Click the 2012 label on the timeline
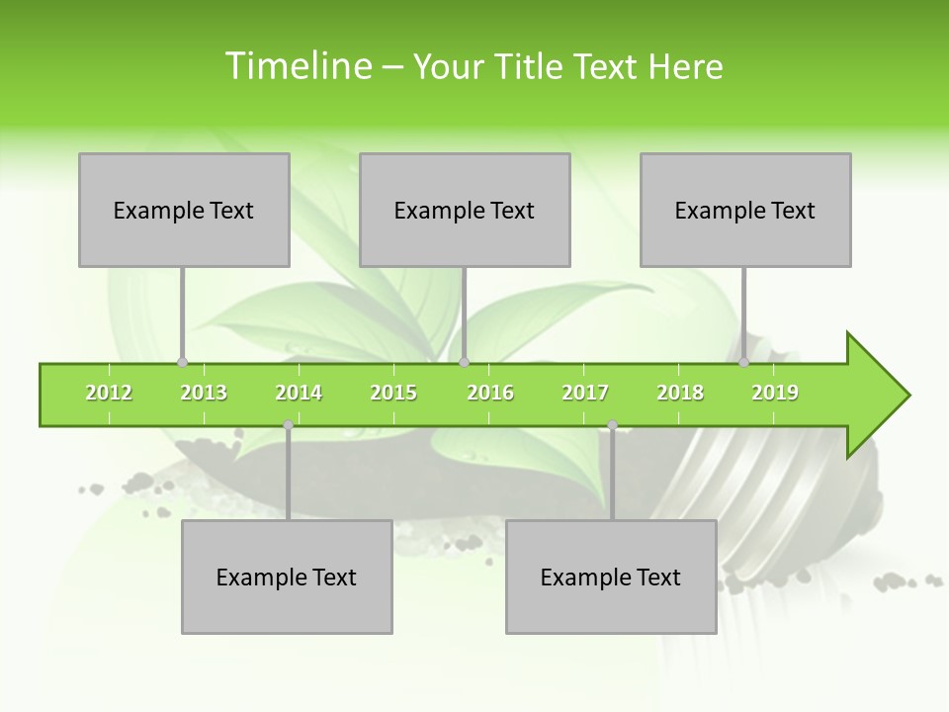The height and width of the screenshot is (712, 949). coord(109,393)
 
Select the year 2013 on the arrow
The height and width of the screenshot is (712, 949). coord(204,393)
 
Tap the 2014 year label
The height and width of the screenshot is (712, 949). coord(299,393)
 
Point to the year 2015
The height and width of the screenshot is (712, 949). coord(393,393)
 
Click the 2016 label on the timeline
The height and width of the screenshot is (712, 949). coord(490,393)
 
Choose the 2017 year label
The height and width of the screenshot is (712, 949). coord(585,393)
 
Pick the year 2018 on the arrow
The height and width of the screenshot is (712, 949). coord(680,393)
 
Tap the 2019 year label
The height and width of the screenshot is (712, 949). coord(775,393)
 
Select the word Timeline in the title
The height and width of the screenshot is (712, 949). coord(297,66)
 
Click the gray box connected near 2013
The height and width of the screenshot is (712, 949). coord(184,210)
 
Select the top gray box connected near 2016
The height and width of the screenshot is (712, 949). coord(465,210)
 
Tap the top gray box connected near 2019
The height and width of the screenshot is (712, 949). coord(745,210)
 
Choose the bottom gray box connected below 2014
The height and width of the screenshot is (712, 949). coord(287,577)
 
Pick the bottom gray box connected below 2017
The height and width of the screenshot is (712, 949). coord(611,577)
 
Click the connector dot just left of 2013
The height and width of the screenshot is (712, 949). coord(182,363)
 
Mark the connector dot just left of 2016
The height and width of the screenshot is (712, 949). coord(464,363)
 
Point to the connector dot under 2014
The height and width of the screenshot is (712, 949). coord(288,425)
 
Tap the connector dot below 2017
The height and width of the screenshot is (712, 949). coord(612,425)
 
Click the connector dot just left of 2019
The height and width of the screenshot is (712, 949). coord(743,363)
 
